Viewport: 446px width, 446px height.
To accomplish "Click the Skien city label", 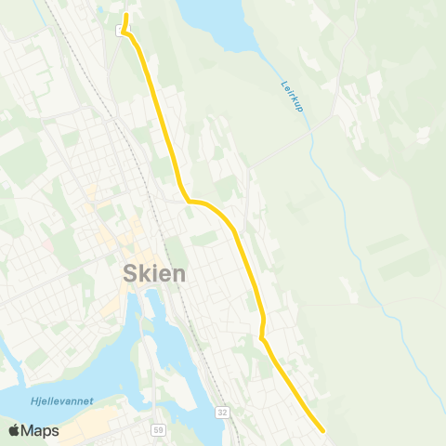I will coord(154,273).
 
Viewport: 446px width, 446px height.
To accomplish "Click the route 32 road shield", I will coord(222,411).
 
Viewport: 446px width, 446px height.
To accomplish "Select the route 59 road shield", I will coord(159,430).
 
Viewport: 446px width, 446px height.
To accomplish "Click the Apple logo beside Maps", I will coord(14,430).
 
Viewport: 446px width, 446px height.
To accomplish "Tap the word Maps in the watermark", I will coord(40,430).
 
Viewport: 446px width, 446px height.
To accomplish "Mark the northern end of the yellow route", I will coord(126,16).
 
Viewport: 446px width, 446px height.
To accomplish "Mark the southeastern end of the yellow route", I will coord(322,430).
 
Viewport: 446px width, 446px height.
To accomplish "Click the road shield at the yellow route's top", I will coord(120,31).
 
